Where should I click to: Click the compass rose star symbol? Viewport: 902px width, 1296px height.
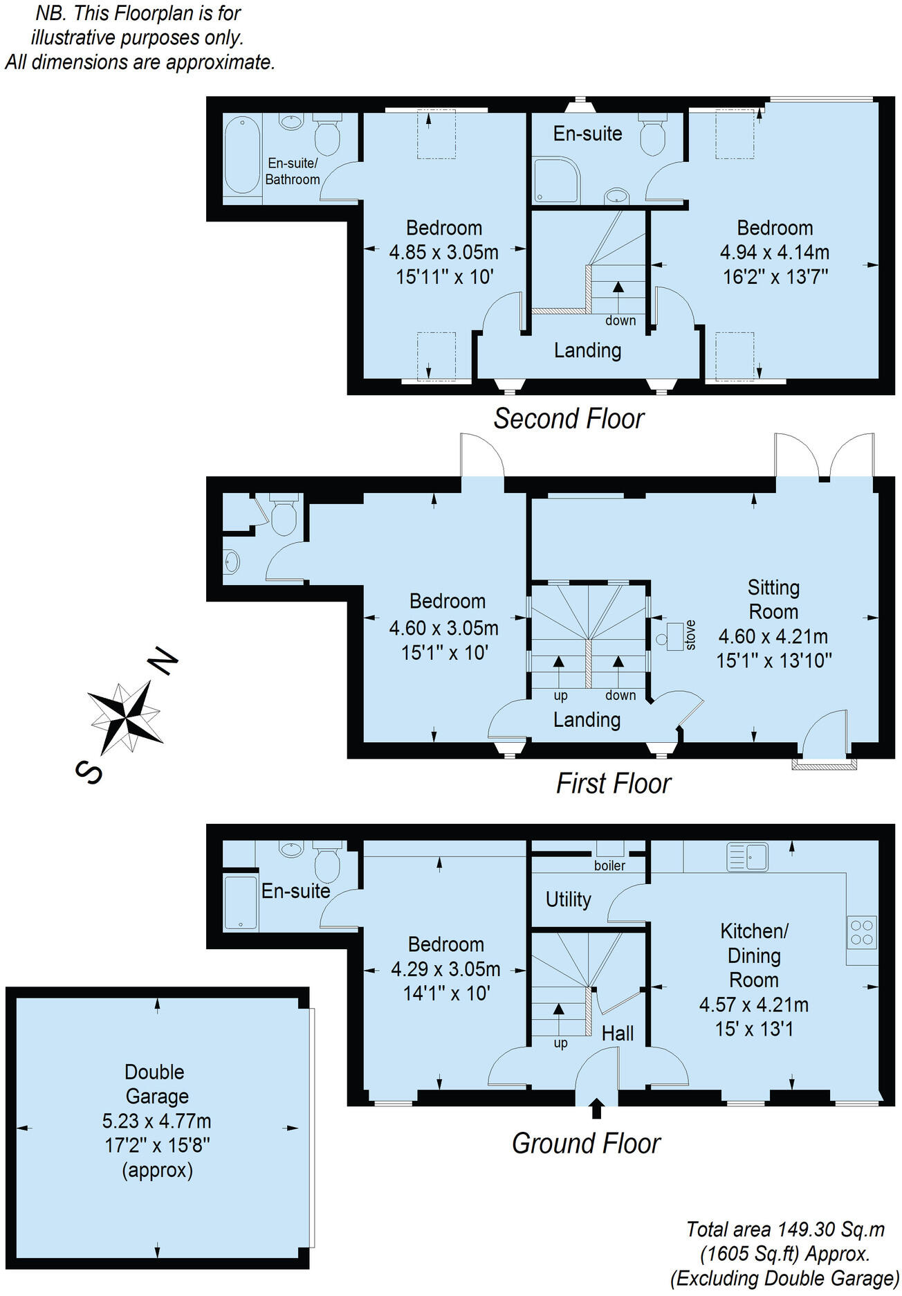[x=127, y=717]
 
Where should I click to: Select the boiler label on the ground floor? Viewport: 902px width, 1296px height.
[x=609, y=865]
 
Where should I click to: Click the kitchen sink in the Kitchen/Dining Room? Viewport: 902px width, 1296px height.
[x=747, y=856]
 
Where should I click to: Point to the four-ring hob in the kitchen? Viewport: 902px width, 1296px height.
[x=862, y=932]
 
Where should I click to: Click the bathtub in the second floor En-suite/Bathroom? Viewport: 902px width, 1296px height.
[x=242, y=155]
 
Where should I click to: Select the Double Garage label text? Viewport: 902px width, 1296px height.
[x=155, y=1084]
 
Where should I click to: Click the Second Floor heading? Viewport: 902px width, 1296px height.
[x=569, y=419]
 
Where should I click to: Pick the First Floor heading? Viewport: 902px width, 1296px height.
[x=614, y=784]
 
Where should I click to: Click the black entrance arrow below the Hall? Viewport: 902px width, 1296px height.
[x=597, y=1108]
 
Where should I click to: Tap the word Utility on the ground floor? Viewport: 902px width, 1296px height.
[x=568, y=899]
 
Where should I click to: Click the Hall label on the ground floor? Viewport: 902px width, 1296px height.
[x=617, y=1034]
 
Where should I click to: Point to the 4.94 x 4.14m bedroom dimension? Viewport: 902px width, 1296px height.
[x=774, y=253]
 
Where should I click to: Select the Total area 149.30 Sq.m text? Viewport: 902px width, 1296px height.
[x=785, y=1229]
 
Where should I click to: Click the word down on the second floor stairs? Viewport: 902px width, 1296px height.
[x=620, y=321]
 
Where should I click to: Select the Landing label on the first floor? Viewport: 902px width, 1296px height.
[x=587, y=720]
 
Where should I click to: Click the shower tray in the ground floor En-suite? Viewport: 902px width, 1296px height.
[x=240, y=902]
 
